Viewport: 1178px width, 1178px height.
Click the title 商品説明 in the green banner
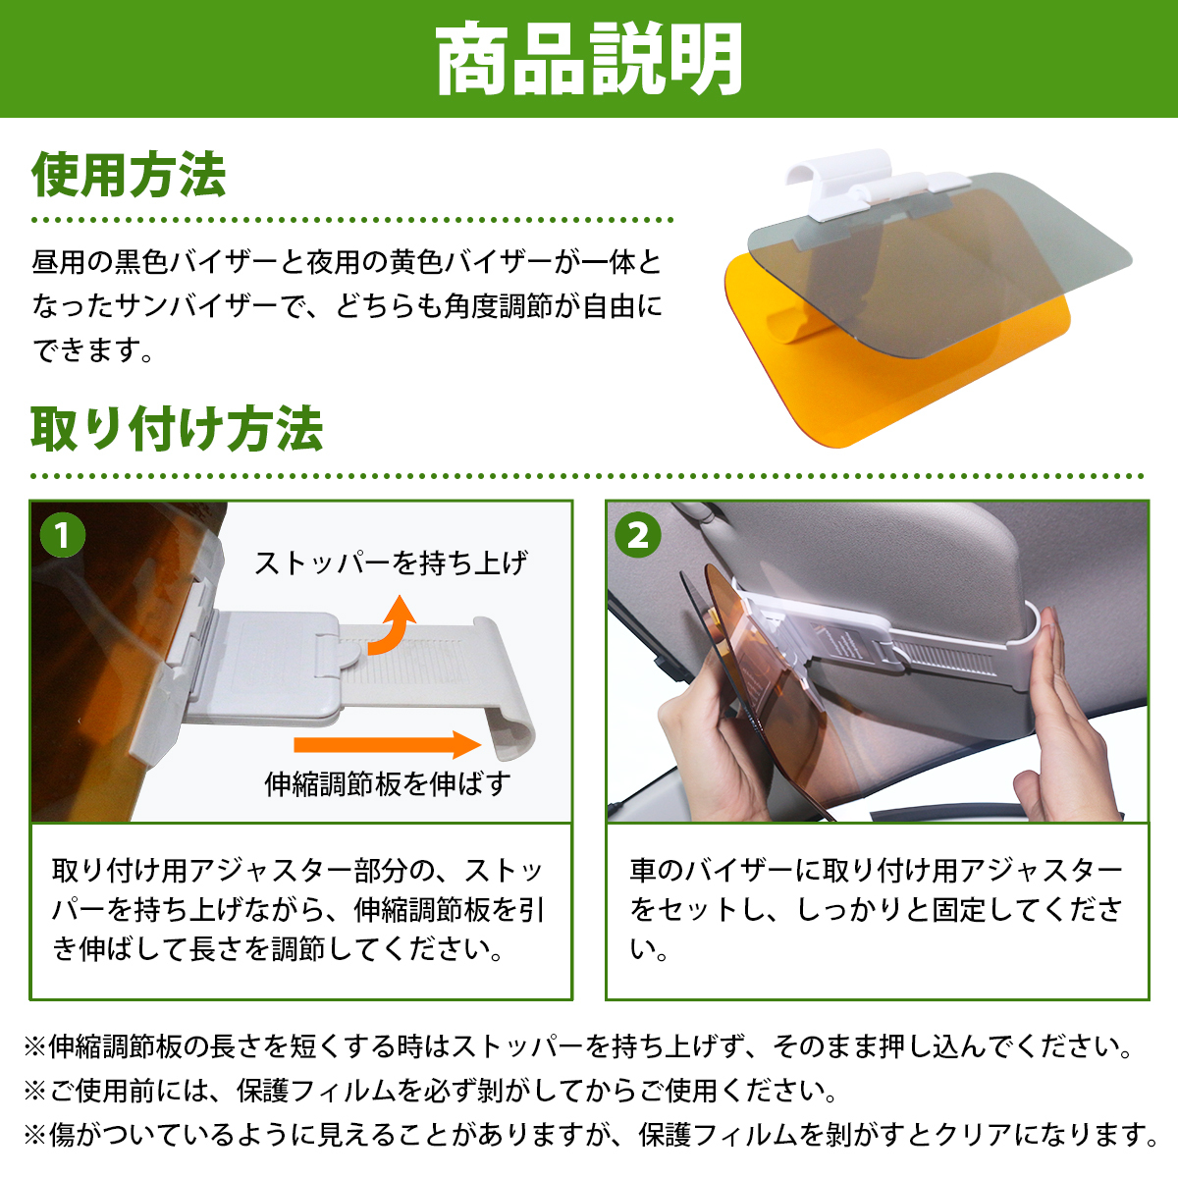589,59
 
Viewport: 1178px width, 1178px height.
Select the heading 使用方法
129,176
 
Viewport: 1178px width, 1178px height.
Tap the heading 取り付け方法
178,429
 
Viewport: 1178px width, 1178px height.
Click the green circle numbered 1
63,535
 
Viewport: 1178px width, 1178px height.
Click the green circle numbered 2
638,535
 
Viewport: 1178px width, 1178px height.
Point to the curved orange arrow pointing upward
392,629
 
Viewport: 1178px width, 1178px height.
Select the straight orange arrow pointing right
387,744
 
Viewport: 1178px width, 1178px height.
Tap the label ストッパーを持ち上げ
391,563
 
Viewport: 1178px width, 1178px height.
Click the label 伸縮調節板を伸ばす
388,783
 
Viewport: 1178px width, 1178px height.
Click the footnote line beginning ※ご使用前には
430,1091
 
